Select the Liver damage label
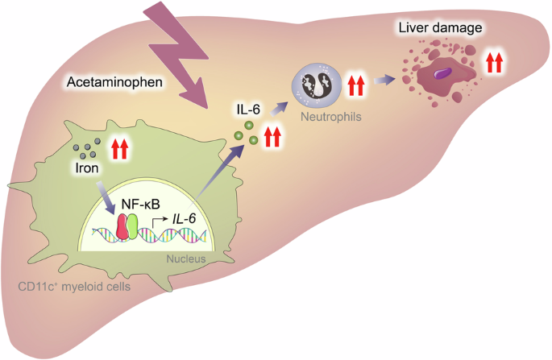(x=440, y=29)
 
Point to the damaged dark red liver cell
(x=440, y=74)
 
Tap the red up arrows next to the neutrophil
(x=355, y=82)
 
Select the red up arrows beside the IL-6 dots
(x=273, y=136)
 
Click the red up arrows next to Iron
(x=119, y=149)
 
